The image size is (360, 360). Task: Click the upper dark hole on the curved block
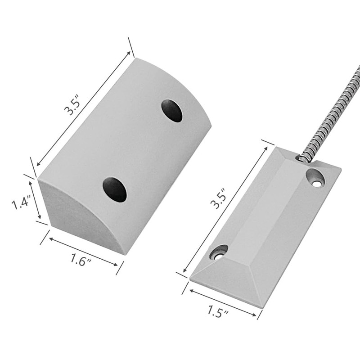tap(172, 111)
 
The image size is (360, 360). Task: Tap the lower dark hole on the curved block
tap(114, 189)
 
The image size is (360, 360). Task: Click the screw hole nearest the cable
tap(315, 178)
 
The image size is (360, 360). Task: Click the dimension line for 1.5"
tap(223, 303)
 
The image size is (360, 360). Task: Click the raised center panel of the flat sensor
tap(270, 211)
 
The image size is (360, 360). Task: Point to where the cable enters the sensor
tap(302, 158)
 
